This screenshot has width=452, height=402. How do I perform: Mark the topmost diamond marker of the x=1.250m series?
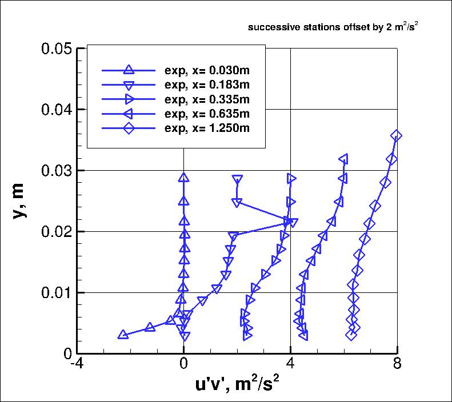[x=396, y=135]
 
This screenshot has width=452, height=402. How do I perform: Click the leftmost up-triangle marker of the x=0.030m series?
[x=123, y=335]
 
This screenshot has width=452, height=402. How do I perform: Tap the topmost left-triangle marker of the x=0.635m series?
[x=343, y=159]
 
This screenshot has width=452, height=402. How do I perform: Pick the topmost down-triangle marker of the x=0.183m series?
[x=237, y=179]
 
